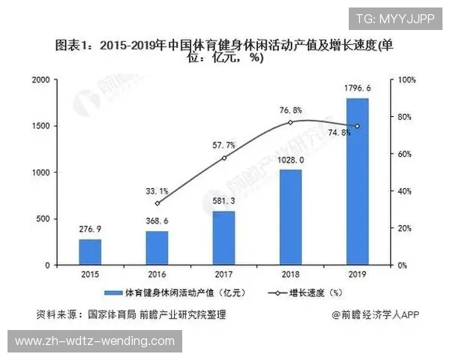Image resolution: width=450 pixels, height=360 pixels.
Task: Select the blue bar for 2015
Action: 91,252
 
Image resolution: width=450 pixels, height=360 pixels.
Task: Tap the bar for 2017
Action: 223,238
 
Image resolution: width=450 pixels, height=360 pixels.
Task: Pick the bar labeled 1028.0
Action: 290,217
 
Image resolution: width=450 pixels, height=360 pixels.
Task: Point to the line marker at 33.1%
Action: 157,203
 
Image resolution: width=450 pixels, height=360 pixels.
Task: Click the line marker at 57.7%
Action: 223,158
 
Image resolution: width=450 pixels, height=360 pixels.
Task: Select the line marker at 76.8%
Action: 290,122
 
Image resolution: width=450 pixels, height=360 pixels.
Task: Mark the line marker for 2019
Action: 357,126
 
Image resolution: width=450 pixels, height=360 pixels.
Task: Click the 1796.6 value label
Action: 357,89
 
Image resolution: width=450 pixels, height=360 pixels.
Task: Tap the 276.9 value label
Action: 91,229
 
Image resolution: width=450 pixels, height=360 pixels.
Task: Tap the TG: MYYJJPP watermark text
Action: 394,18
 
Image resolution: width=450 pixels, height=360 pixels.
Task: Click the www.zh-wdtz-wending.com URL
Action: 94,342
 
